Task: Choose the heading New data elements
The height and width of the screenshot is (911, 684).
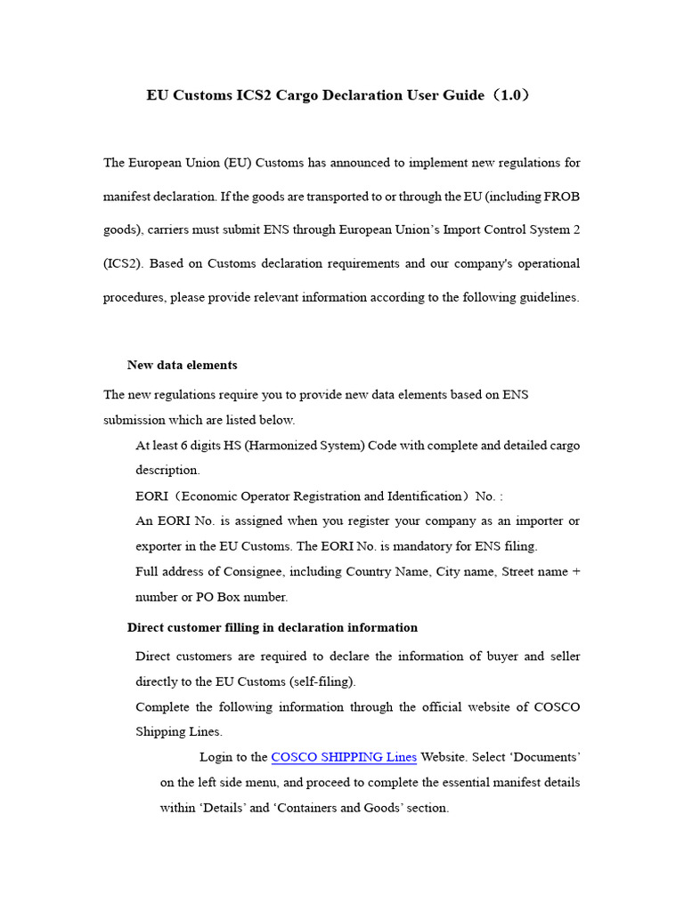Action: coord(183,365)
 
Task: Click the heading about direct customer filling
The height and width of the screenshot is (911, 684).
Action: coord(273,627)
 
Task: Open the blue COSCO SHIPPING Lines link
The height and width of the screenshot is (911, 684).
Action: coord(344,757)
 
